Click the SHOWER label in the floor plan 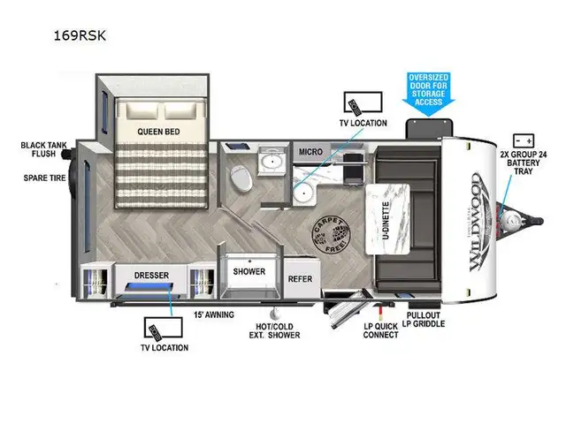[x=250, y=272]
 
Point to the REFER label [x=301, y=279]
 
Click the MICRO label [x=309, y=151]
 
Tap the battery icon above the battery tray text [x=522, y=140]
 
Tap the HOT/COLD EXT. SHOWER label [x=277, y=329]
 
